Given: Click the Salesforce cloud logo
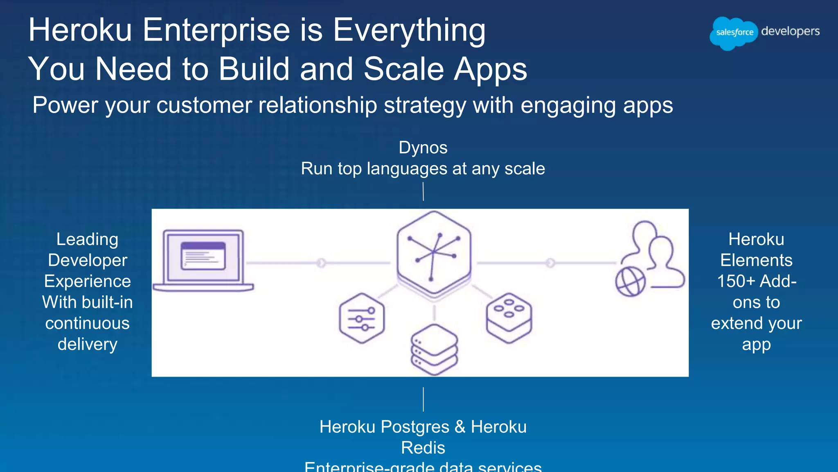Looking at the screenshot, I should [x=734, y=33].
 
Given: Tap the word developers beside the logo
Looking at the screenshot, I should [x=790, y=32].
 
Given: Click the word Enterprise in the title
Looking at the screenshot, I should [x=216, y=30].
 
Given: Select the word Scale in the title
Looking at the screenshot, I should [x=403, y=69].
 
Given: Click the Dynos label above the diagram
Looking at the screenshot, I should [x=423, y=148].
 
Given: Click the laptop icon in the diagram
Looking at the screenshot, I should [x=203, y=261].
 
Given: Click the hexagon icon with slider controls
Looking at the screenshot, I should [x=362, y=318].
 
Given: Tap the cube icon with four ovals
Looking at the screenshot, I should [x=509, y=318].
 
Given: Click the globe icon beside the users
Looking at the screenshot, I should [x=630, y=281].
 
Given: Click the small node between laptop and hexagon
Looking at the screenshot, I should [x=321, y=263].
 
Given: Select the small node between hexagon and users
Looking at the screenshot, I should [x=550, y=263].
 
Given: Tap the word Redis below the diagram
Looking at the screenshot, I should [x=423, y=448].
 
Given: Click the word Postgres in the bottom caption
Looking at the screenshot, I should [x=415, y=427].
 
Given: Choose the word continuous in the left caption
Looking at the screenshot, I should [x=88, y=323].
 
